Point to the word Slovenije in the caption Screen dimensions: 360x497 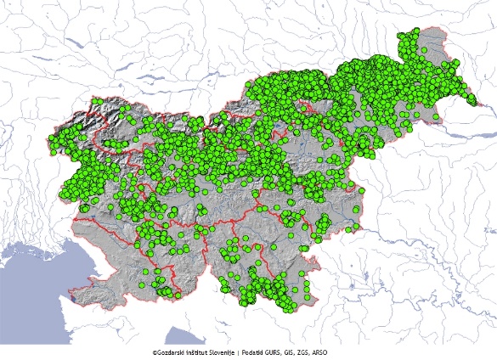coord(232,352)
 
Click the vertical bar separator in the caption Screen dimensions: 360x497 coord(252,352)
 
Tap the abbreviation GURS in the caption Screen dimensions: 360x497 coord(291,352)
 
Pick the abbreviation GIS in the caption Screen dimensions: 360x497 coord(308,352)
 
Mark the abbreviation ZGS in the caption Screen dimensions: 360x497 coord(322,352)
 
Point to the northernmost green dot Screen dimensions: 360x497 coord(415,32)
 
